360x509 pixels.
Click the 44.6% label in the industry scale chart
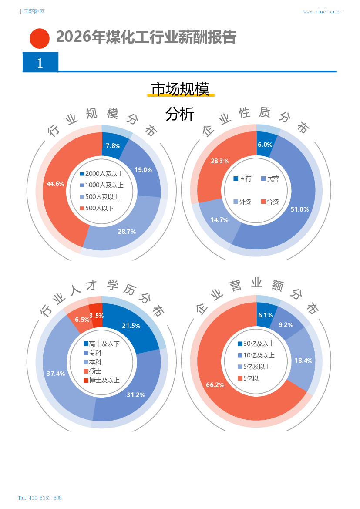tap(55, 184)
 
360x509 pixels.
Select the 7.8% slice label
tap(113, 146)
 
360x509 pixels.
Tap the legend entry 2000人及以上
tap(101, 174)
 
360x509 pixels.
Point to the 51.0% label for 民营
tap(299, 209)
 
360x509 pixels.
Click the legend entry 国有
tap(242, 179)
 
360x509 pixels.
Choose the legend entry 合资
tap(270, 202)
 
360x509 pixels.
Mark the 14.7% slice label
tap(219, 220)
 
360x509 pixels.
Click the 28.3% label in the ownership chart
tap(220, 161)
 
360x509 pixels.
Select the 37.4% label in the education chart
tap(56, 374)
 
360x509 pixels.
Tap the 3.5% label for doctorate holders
tap(97, 316)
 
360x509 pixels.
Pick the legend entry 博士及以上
tap(101, 380)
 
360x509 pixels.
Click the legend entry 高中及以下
tap(101, 344)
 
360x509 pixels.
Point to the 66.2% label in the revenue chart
tap(215, 385)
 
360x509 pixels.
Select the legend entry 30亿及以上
tap(256, 344)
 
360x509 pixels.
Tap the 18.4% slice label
tap(303, 361)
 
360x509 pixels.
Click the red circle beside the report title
tap(40, 38)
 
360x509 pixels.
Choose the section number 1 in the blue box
tap(40, 63)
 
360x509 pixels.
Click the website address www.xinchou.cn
tap(323, 12)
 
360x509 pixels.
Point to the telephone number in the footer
tap(40, 498)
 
